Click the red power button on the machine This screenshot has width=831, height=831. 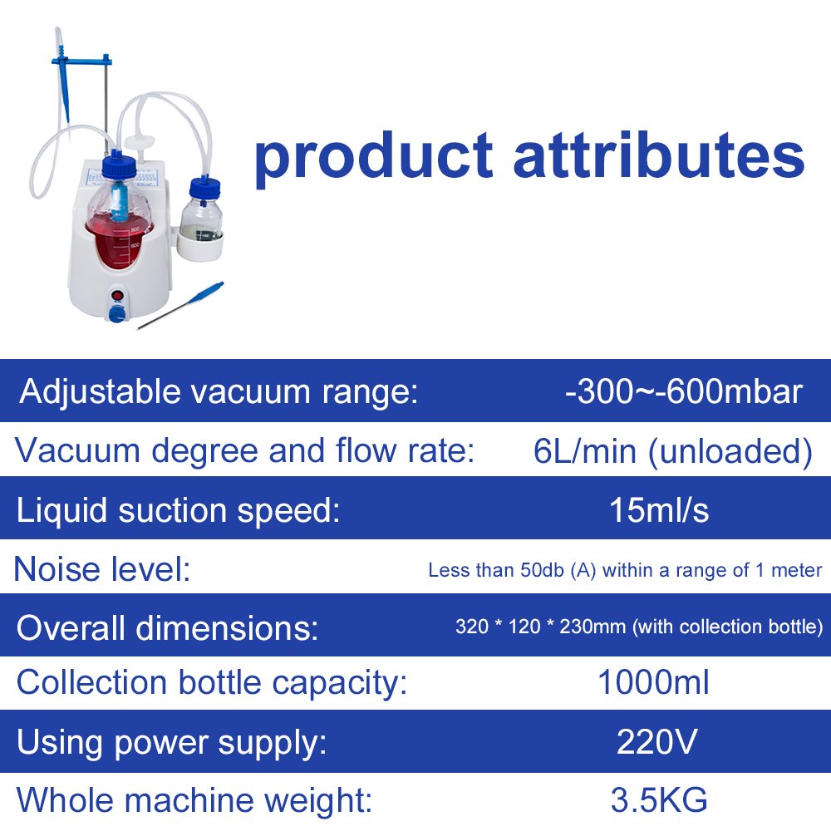click(x=118, y=296)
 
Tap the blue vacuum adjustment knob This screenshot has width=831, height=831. click(x=116, y=314)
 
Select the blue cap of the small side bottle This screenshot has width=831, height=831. click(x=205, y=189)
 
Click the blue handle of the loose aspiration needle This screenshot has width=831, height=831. click(x=207, y=291)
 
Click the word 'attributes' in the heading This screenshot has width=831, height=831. click(x=659, y=154)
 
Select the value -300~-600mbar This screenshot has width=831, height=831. click(x=684, y=391)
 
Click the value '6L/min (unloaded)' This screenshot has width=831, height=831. click(x=672, y=452)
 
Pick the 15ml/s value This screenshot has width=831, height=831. click(x=659, y=510)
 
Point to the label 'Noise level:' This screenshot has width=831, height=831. click(x=101, y=569)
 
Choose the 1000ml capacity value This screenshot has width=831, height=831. click(x=653, y=681)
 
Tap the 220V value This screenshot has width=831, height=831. click(x=656, y=741)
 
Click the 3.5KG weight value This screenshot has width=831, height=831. click(x=659, y=799)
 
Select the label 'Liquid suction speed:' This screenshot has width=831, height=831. click(x=178, y=511)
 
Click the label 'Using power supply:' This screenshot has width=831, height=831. click(x=172, y=743)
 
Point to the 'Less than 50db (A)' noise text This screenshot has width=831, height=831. click(x=512, y=570)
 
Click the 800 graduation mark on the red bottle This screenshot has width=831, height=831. click(x=135, y=230)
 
